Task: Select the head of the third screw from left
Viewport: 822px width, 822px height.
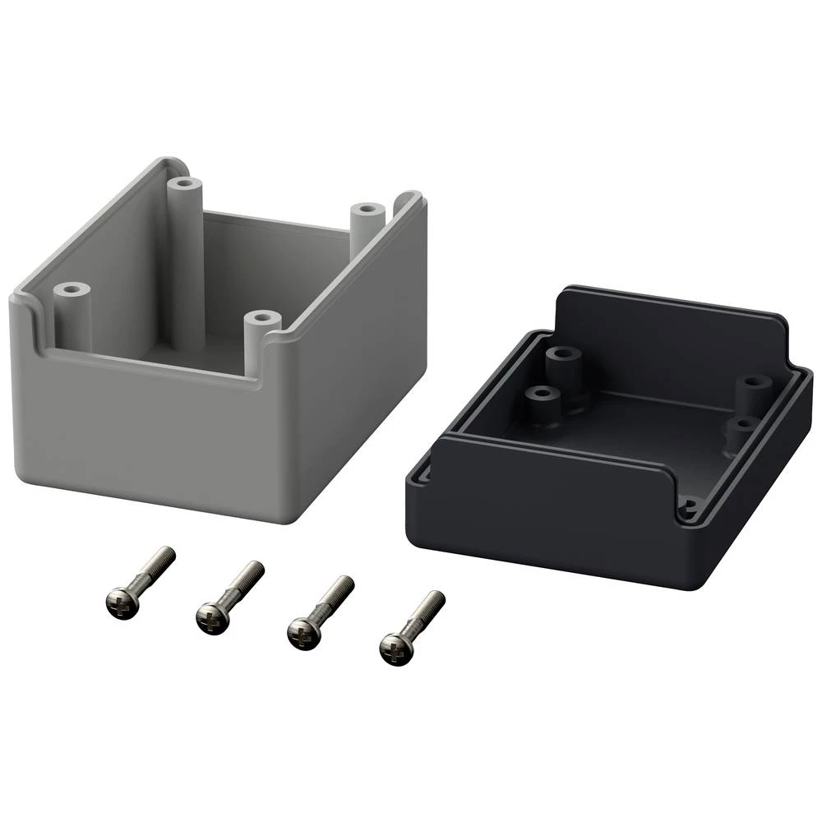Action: click(305, 631)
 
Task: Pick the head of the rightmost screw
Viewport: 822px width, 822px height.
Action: click(396, 648)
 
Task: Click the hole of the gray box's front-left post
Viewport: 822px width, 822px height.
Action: click(72, 289)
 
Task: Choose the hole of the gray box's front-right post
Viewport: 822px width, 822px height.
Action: click(262, 317)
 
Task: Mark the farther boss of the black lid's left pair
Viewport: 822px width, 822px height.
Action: click(564, 355)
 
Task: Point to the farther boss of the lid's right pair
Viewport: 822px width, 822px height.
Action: click(755, 383)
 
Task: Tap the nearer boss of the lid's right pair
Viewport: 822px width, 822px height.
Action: click(742, 424)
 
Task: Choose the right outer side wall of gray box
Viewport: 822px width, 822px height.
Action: click(362, 353)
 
